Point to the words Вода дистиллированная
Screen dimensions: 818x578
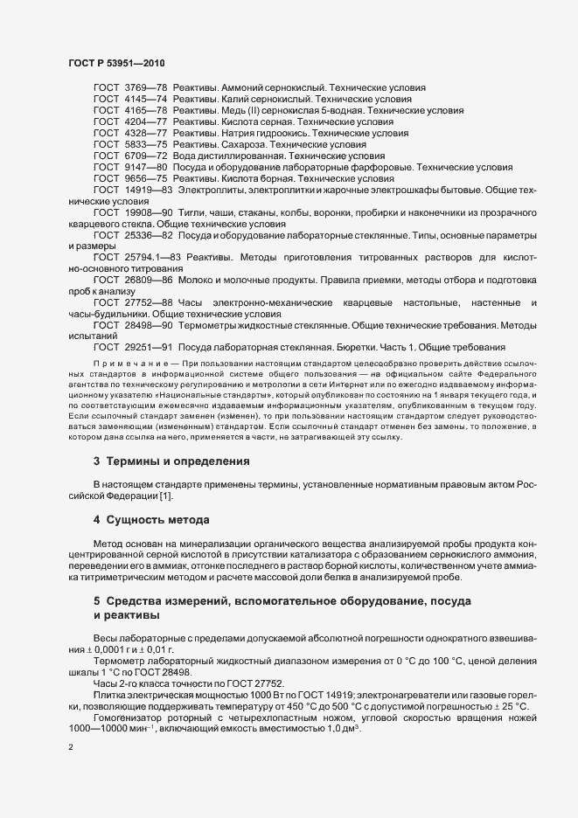229,155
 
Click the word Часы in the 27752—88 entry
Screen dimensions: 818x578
190,302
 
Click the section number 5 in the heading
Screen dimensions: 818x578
97,601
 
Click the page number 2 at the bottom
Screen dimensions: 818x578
70,748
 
